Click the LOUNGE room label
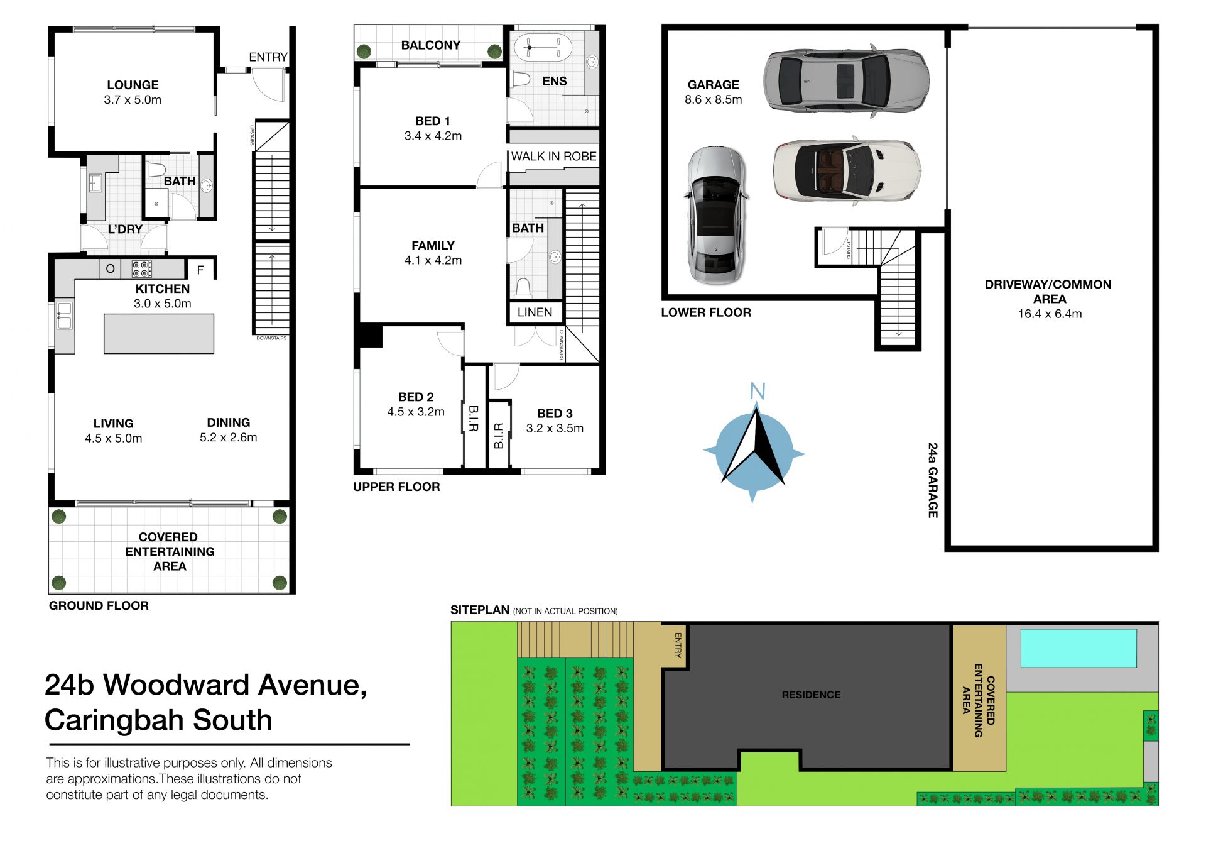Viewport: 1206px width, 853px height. [x=133, y=85]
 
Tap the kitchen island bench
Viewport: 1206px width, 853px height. [x=159, y=334]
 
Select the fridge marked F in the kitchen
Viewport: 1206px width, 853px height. [x=200, y=270]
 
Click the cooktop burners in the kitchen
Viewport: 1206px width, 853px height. [x=142, y=269]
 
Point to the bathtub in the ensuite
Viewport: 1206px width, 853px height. [x=543, y=47]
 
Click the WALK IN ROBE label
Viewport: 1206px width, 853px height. [x=553, y=157]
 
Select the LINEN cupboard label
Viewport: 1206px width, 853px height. [x=535, y=312]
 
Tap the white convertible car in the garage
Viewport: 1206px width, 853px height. [x=847, y=171]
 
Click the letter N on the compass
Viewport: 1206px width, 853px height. [x=758, y=392]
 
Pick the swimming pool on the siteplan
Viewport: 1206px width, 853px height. [x=1078, y=648]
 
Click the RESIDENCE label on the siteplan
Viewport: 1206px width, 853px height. [x=811, y=695]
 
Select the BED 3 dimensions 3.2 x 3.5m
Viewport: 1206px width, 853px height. [x=555, y=429]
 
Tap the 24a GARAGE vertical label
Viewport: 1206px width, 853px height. [x=933, y=480]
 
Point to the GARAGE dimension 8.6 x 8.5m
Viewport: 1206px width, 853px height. [x=713, y=100]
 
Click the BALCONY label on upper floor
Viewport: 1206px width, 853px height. [x=431, y=45]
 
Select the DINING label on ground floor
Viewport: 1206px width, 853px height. [x=229, y=422]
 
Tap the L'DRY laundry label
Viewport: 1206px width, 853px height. [x=125, y=229]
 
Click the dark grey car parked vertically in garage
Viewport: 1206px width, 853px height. [x=717, y=216]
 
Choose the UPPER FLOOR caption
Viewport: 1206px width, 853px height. [x=396, y=487]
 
